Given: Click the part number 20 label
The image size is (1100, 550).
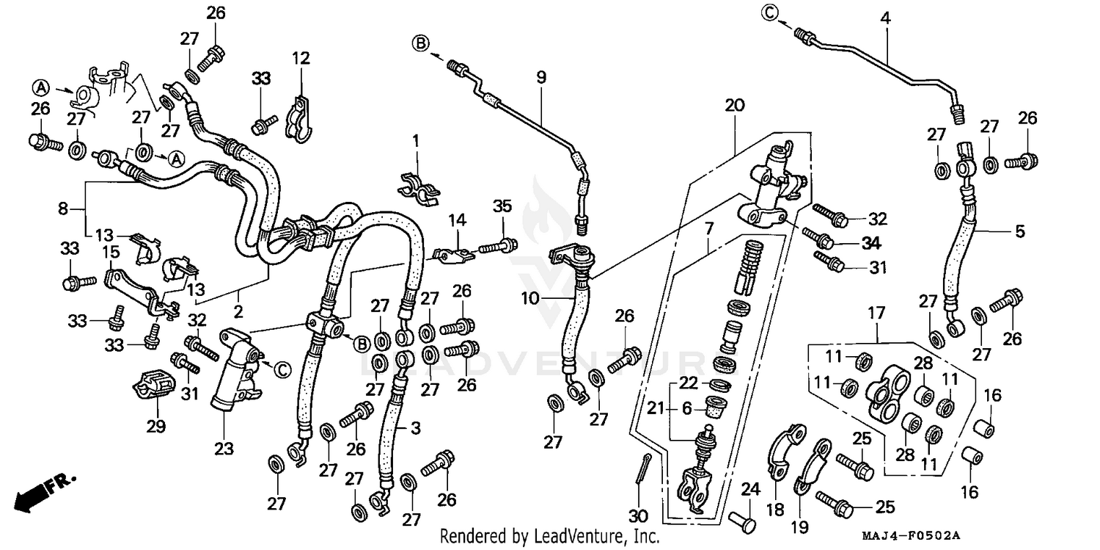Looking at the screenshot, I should pyautogui.click(x=734, y=106).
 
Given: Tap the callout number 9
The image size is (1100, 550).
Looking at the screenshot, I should pyautogui.click(x=541, y=76).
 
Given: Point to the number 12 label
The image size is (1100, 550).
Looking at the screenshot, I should pyautogui.click(x=301, y=57).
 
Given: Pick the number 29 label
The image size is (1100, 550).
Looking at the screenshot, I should pyautogui.click(x=156, y=426).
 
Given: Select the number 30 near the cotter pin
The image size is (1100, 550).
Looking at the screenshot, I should pyautogui.click(x=637, y=515).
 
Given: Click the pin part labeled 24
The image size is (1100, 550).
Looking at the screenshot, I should pyautogui.click(x=741, y=521).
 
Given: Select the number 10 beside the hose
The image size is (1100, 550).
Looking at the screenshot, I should pyautogui.click(x=551, y=298).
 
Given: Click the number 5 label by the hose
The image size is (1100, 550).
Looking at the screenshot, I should pyautogui.click(x=1019, y=232).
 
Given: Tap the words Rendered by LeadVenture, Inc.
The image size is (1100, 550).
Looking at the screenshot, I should pyautogui.click(x=549, y=537).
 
